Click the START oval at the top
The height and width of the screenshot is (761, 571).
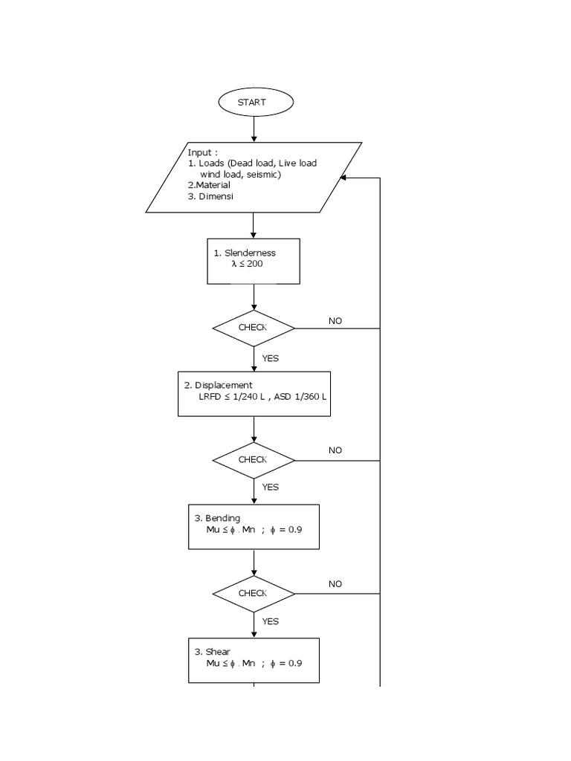click(x=254, y=103)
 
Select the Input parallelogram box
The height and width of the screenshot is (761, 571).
click(x=254, y=177)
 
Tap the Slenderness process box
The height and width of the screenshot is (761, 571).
click(x=254, y=261)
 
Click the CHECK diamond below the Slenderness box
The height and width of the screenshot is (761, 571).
click(x=254, y=328)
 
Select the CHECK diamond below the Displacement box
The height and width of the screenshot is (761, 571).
click(x=254, y=460)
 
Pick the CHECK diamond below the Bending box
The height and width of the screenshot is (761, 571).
click(x=254, y=593)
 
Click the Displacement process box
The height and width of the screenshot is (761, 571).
click(x=254, y=393)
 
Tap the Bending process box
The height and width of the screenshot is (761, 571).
click(x=254, y=527)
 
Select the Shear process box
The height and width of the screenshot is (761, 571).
click(x=254, y=660)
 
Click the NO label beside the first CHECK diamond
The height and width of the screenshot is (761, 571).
click(x=335, y=321)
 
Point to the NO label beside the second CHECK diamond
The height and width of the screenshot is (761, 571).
click(x=335, y=450)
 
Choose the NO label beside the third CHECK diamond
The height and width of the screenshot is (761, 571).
click(x=335, y=584)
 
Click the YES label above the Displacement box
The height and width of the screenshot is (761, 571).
click(x=271, y=358)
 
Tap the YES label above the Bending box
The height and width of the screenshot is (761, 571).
click(x=271, y=488)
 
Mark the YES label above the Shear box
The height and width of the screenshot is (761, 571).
click(x=271, y=621)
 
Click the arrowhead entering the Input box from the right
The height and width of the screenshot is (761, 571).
click(x=343, y=178)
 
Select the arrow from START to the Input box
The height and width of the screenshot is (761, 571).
click(x=254, y=129)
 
